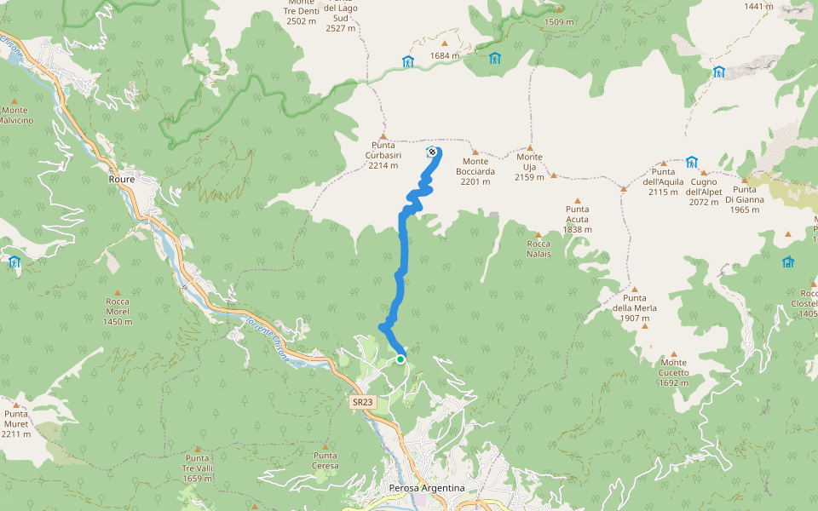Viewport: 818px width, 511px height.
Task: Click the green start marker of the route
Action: (400, 359)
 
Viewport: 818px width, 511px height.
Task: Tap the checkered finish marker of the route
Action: (431, 152)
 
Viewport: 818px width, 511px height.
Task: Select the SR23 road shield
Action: (362, 402)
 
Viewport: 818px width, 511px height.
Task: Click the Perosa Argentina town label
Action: (426, 488)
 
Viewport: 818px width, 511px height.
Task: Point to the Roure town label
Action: (123, 180)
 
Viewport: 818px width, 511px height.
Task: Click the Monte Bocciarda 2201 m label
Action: (476, 171)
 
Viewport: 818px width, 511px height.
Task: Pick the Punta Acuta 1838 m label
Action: (577, 219)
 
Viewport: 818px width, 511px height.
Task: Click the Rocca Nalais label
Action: (539, 249)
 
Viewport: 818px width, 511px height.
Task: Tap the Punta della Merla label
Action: (634, 307)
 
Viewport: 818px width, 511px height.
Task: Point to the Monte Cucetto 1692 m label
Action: (673, 372)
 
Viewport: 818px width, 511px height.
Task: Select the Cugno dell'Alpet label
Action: (704, 187)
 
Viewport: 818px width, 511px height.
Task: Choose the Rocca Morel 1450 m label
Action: (118, 311)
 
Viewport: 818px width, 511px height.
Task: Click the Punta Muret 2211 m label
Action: (15, 423)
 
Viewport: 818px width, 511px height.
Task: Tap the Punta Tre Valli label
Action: (198, 468)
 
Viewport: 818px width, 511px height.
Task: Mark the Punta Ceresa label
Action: (325, 461)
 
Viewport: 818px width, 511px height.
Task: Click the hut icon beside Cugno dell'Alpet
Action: (691, 162)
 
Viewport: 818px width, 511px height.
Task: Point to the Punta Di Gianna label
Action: (744, 199)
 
